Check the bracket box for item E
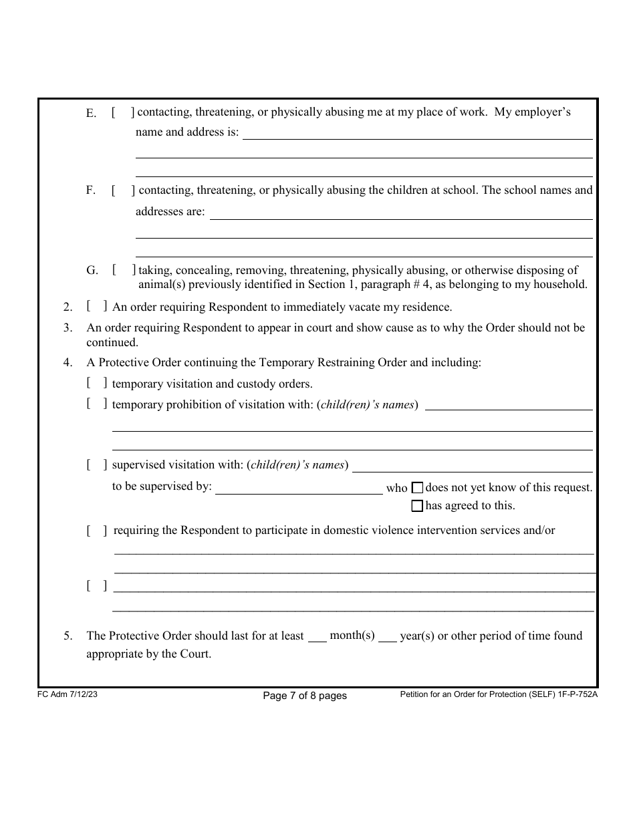click(x=123, y=113)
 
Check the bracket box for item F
click(x=123, y=190)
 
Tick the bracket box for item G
click(x=124, y=270)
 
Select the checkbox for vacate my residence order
click(x=97, y=307)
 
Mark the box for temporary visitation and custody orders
click(x=97, y=384)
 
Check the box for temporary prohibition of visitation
click(x=97, y=404)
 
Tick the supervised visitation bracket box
click(x=97, y=465)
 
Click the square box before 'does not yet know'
click(x=418, y=488)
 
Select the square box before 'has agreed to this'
click(x=418, y=506)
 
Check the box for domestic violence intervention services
click(x=97, y=531)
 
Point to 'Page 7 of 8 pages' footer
click(x=305, y=696)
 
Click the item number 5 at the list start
click(x=68, y=636)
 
